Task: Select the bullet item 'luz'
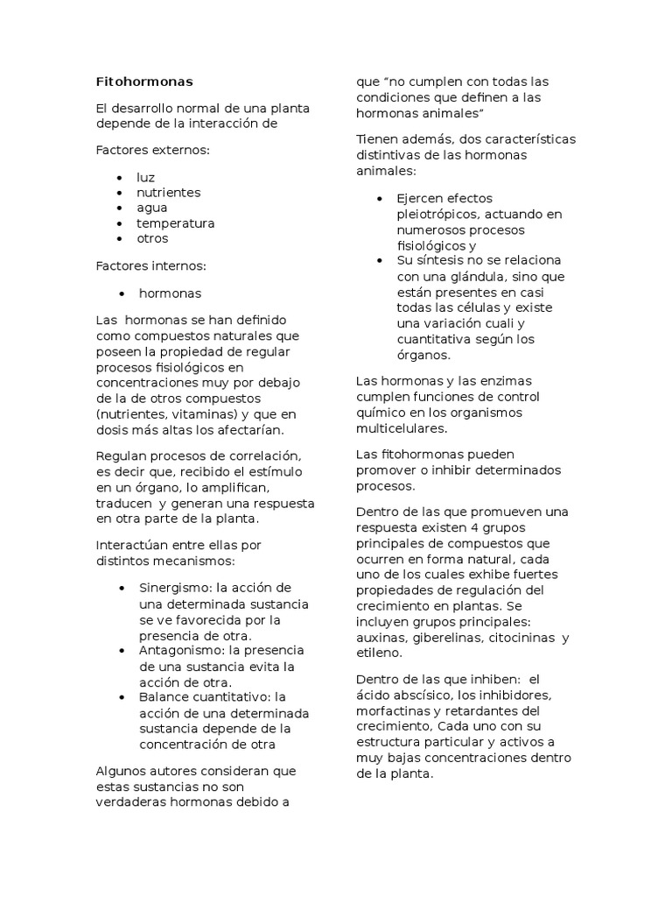pyautogui.click(x=145, y=177)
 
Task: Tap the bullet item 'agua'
pyautogui.click(x=151, y=208)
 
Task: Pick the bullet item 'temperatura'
pyautogui.click(x=175, y=223)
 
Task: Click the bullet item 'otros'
pyautogui.click(x=152, y=238)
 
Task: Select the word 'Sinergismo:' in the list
pyautogui.click(x=171, y=587)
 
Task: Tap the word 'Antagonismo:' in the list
pyautogui.click(x=176, y=651)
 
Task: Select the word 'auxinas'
pyautogui.click(x=380, y=638)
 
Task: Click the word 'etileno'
pyautogui.click(x=380, y=653)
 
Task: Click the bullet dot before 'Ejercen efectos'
pyautogui.click(x=379, y=199)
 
